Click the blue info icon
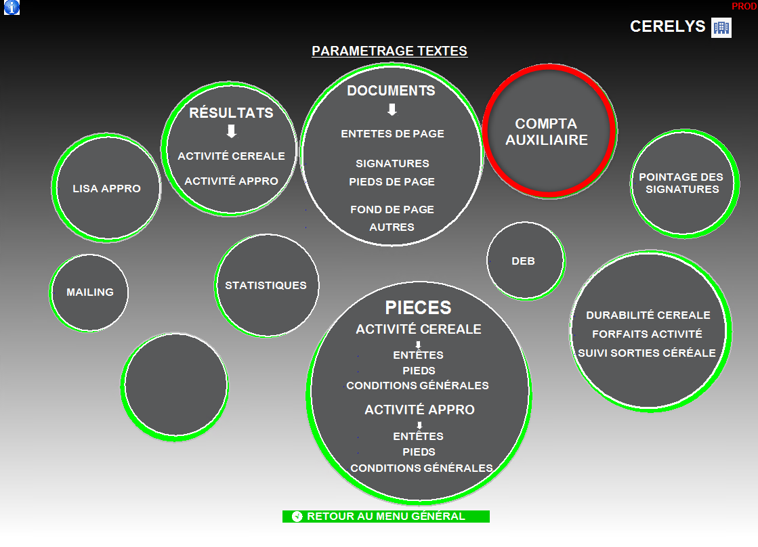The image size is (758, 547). click(x=12, y=7)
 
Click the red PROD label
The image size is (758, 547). click(x=744, y=6)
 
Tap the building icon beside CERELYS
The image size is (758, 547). click(x=721, y=28)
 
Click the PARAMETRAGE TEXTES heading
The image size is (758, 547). click(x=389, y=51)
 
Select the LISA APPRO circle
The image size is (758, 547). click(x=106, y=189)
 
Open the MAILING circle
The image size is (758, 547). click(x=89, y=292)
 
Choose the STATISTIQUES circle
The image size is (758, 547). click(x=266, y=285)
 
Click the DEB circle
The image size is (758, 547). click(x=523, y=261)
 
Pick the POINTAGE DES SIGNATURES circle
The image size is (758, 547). click(x=681, y=183)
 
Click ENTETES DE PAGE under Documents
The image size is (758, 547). click(x=392, y=134)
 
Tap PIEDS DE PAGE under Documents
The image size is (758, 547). click(x=392, y=181)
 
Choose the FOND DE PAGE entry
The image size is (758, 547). click(x=392, y=210)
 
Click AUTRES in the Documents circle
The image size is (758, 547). click(x=392, y=227)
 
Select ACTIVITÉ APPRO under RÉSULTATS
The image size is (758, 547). click(x=231, y=181)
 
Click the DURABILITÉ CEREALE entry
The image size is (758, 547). click(x=648, y=315)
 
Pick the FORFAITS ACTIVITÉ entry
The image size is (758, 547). click(x=647, y=334)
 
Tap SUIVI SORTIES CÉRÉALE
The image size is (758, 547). click(x=646, y=353)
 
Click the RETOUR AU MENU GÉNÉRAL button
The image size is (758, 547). click(x=385, y=517)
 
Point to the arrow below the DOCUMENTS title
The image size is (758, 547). click(x=392, y=109)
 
